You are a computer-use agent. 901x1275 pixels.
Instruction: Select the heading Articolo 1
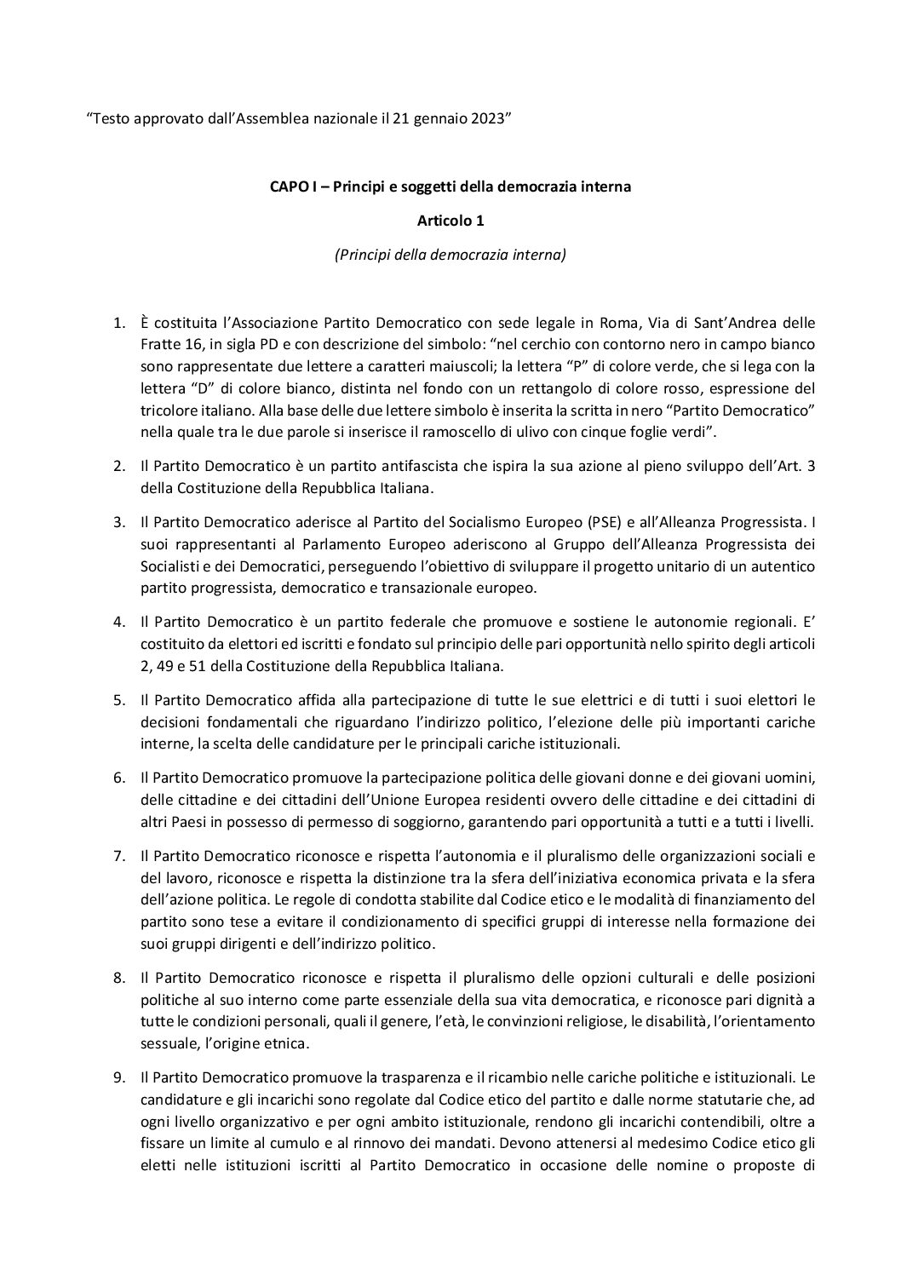tap(450, 221)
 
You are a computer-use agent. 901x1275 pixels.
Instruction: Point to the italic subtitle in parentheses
tap(450, 254)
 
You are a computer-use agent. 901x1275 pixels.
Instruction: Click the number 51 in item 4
tap(210, 666)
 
